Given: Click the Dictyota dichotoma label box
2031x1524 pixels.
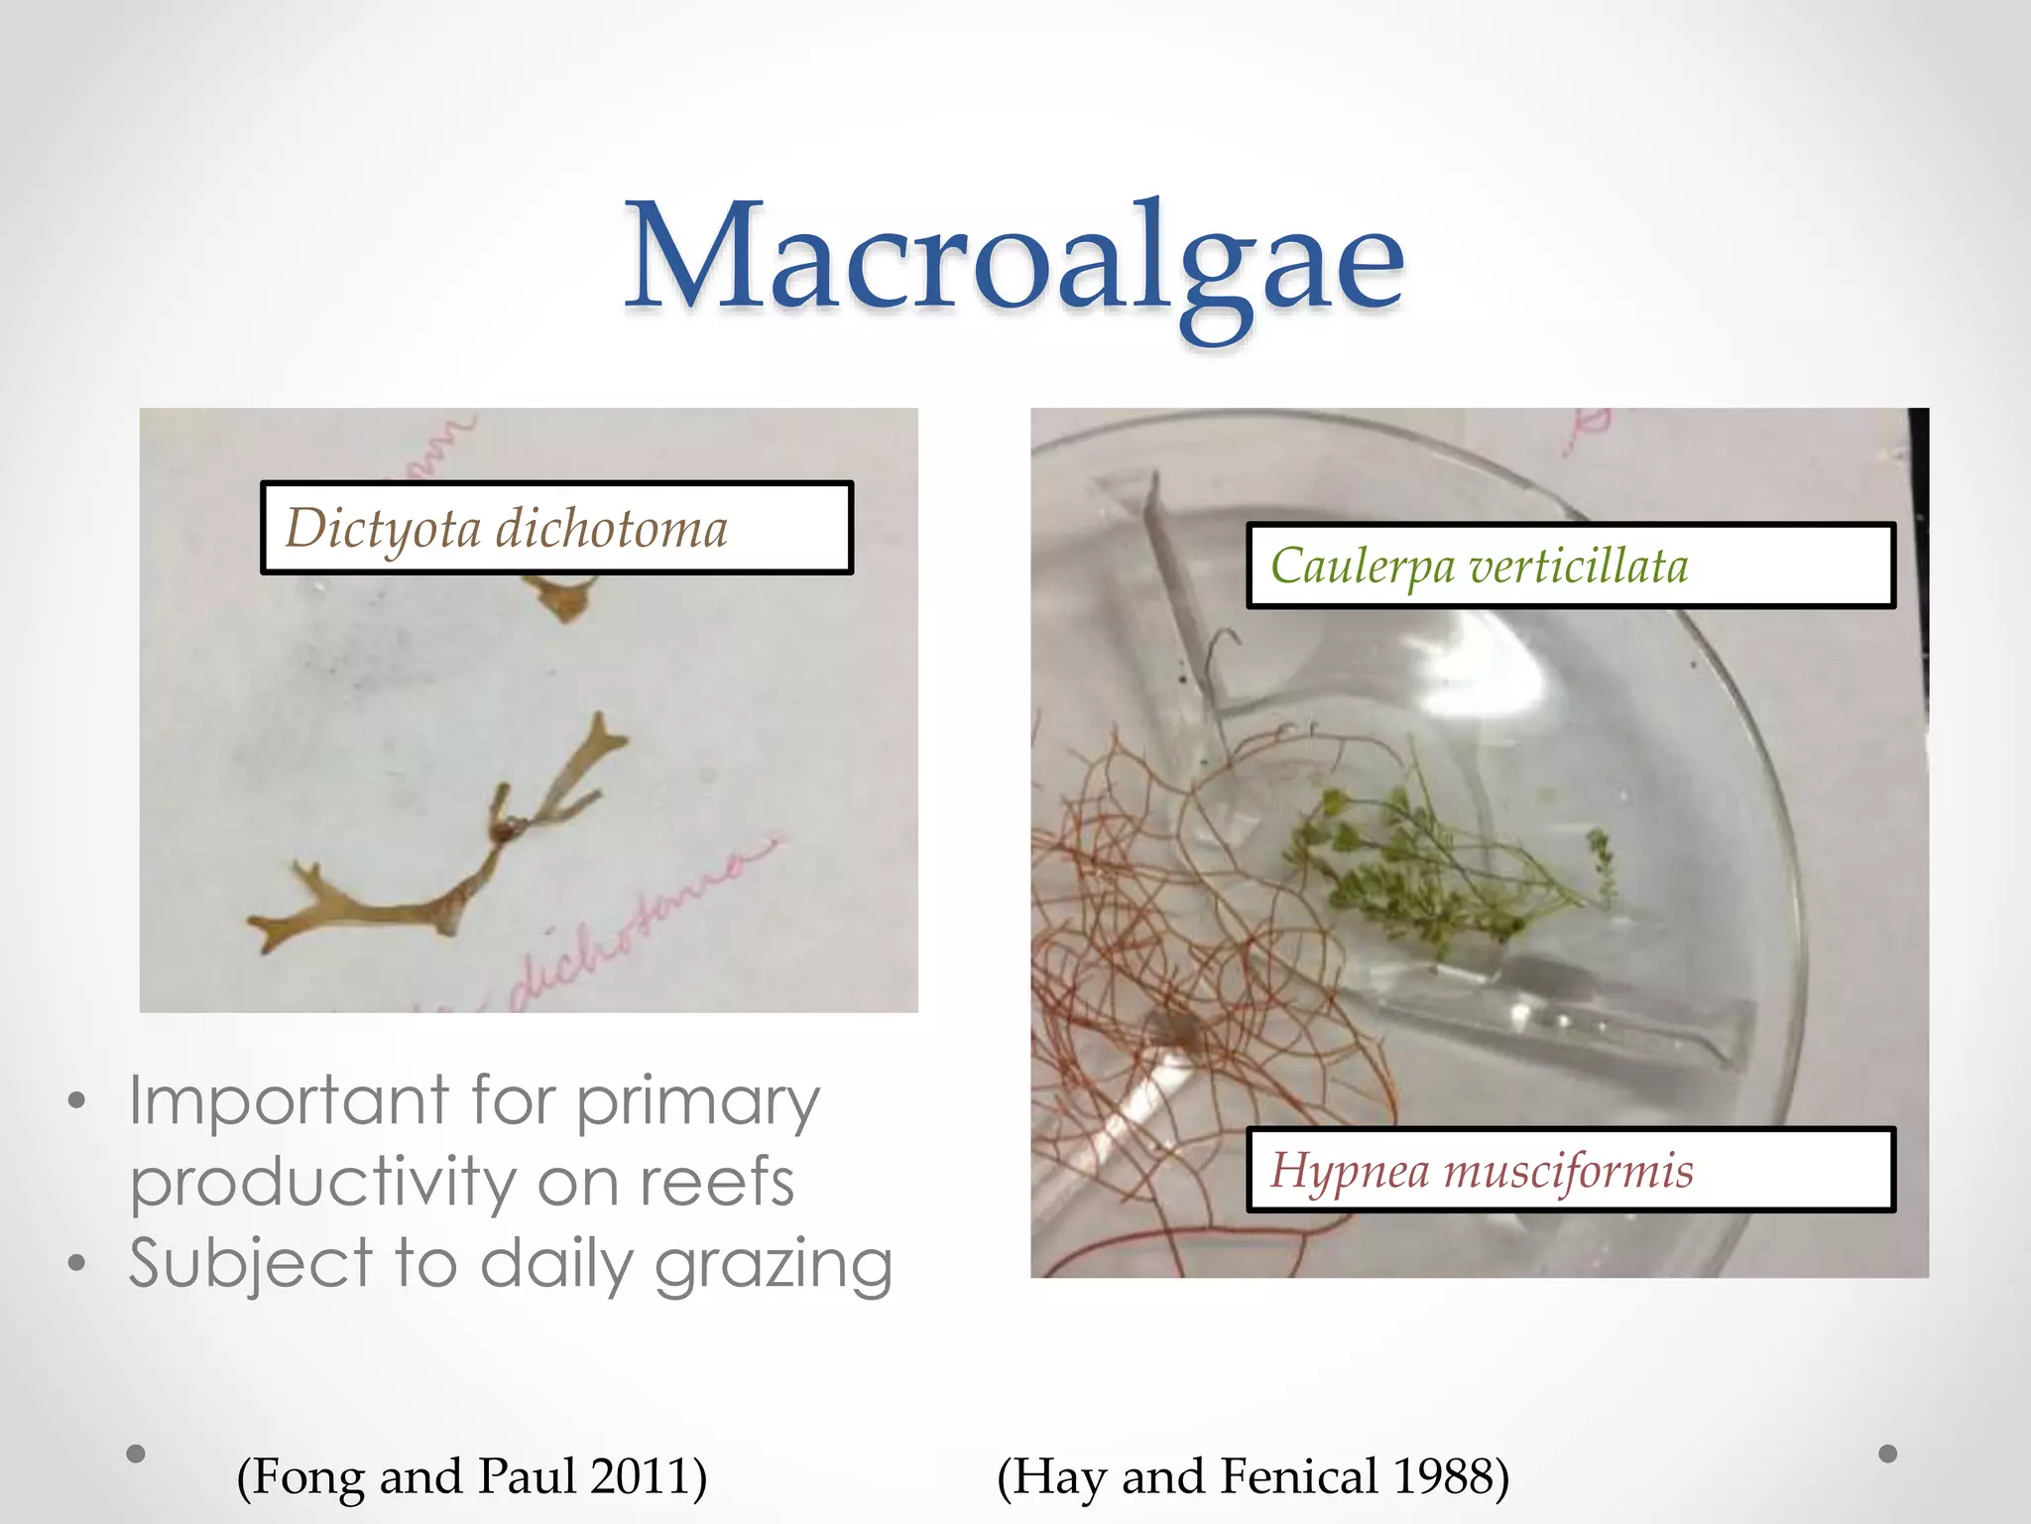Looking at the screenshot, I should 556,528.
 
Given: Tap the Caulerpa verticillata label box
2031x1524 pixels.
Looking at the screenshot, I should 1570,566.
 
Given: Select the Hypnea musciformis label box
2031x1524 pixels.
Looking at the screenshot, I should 1570,1170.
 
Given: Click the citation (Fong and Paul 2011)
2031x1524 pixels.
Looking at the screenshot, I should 472,1475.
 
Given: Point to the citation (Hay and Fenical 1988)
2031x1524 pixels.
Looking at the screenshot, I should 1253,1475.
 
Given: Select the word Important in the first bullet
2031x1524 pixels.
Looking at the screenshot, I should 290,1101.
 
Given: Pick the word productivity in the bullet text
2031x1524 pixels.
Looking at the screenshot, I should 322,1183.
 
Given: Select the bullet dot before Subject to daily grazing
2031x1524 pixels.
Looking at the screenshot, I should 77,1264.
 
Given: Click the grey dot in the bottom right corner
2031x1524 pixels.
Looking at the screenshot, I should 1888,1454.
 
